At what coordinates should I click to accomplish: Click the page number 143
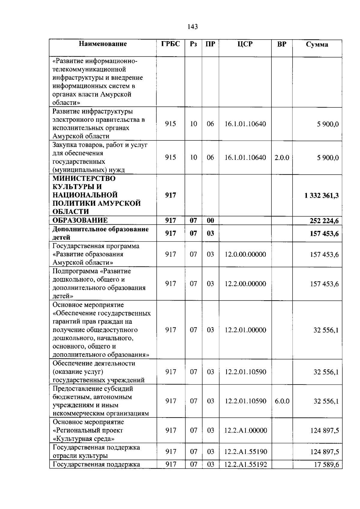coord(192,27)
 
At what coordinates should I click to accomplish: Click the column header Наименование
coord(103,44)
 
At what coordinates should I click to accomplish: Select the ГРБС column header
coord(170,44)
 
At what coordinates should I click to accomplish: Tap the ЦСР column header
coord(245,44)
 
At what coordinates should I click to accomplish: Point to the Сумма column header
coord(317,44)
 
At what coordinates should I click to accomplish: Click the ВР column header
coord(282,44)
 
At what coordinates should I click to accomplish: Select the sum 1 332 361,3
coord(321,196)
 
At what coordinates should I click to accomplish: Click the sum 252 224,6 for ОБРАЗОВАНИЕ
coord(324,221)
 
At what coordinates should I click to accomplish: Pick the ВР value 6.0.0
coord(282,401)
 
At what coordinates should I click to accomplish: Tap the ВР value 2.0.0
coord(282,157)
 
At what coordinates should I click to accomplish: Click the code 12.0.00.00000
coord(245,254)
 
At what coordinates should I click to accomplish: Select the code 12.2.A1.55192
coord(245,465)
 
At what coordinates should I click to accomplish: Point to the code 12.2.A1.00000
coord(245,430)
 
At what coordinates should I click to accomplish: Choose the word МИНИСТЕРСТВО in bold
coord(84,178)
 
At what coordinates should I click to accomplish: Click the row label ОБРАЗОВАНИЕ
coord(80,220)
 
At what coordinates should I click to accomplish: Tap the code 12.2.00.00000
coord(245,284)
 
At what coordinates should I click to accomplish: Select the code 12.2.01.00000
coord(245,330)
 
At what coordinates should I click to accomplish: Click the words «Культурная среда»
coord(84,439)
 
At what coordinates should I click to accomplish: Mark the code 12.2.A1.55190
coord(245,452)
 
